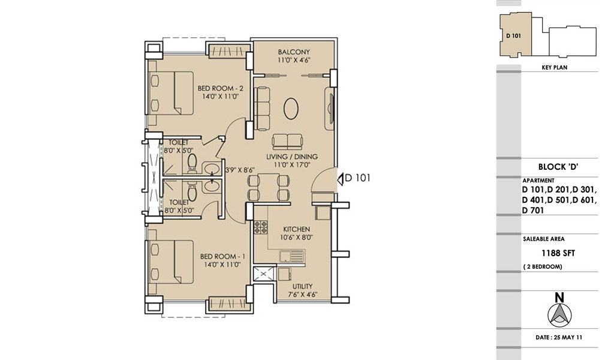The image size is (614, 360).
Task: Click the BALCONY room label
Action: click(x=294, y=52)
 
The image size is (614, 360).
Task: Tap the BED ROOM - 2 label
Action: click(x=220, y=88)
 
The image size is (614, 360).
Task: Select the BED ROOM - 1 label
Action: click(x=222, y=257)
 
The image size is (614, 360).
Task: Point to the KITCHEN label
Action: click(x=296, y=229)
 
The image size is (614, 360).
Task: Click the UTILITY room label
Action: click(x=302, y=286)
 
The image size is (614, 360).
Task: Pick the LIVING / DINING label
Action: click(x=292, y=157)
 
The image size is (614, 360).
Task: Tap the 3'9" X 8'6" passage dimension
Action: click(x=240, y=170)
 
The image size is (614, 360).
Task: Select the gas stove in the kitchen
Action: click(x=261, y=227)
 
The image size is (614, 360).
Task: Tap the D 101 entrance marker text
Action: click(x=357, y=178)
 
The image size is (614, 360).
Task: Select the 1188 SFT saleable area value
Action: click(x=558, y=253)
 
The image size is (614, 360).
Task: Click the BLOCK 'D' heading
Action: click(x=558, y=167)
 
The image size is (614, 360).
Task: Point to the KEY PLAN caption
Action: click(x=555, y=67)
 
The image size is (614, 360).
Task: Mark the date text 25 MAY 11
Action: click(x=568, y=337)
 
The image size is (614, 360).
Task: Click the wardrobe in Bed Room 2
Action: click(x=228, y=51)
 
